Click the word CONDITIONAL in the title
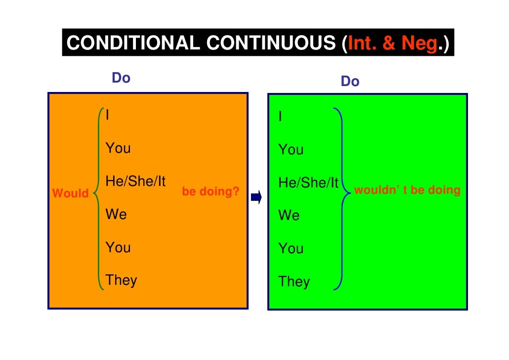(x=134, y=44)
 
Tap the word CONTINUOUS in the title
(x=270, y=44)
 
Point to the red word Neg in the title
(x=419, y=44)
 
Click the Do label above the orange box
(x=121, y=78)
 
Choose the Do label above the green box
(x=350, y=82)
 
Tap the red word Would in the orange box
(x=70, y=193)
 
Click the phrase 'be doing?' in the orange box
(x=211, y=191)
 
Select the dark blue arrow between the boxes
(x=256, y=198)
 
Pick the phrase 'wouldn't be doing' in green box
(x=407, y=190)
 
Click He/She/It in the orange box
(x=135, y=181)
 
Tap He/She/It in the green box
(x=308, y=183)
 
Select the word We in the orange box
(x=116, y=215)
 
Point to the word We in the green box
(x=289, y=216)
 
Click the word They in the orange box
(x=121, y=280)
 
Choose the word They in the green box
(x=294, y=282)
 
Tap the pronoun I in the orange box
(x=108, y=115)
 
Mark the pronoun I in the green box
(x=280, y=117)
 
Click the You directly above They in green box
(x=291, y=249)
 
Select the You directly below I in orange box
(x=118, y=148)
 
